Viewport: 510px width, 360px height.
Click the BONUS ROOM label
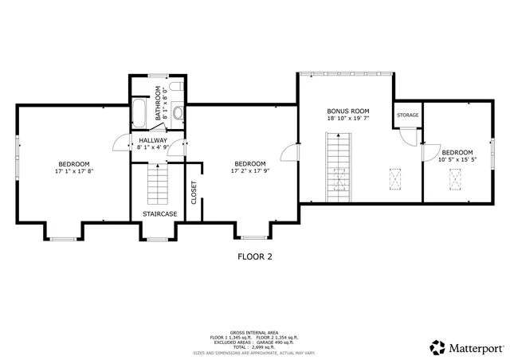pos(348,111)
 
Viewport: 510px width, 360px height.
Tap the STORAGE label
pos(408,115)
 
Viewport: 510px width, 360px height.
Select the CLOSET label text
pos(194,193)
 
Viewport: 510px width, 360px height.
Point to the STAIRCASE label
pos(159,214)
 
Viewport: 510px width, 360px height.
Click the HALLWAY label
pos(153,140)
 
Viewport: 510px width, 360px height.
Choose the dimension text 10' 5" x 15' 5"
pos(457,160)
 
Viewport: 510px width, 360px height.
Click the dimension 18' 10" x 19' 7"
pos(348,119)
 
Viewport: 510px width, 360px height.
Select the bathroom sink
pos(178,114)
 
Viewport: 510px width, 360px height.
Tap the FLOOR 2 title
pos(255,256)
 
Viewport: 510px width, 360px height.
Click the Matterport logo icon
pos(438,347)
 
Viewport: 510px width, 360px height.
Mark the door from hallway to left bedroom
pos(121,143)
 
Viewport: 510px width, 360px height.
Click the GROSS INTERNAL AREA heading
pos(254,332)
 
